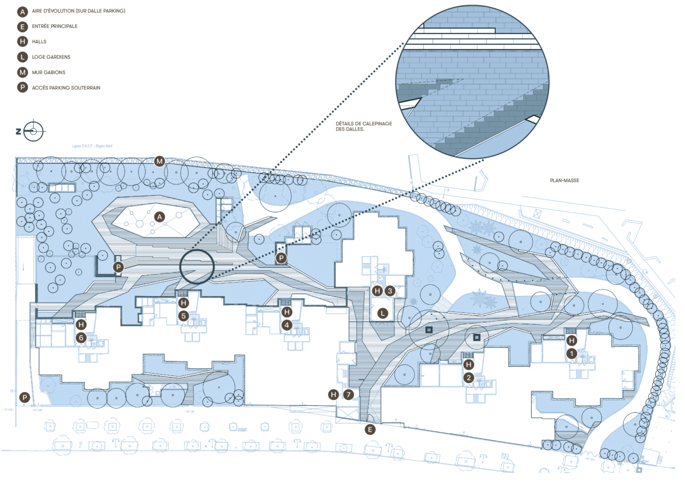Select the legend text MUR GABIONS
coord(48,72)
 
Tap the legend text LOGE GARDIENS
coord(51,57)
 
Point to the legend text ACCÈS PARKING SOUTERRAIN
coord(66,87)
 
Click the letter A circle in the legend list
coord(22,11)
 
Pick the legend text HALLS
coord(40,41)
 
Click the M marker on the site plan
coord(160,161)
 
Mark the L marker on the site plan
coord(383,313)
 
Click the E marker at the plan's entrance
coord(370,429)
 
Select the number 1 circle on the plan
coord(572,354)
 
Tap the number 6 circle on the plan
coord(81,337)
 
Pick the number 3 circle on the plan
coord(390,290)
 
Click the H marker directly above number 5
coord(183,303)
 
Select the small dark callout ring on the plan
coord(197,267)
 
